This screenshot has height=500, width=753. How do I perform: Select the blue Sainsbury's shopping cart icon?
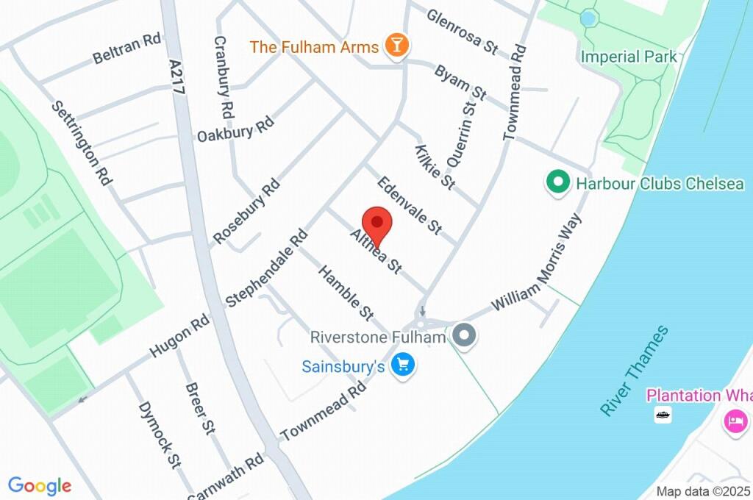click(x=402, y=364)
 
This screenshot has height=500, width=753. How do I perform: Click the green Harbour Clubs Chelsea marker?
click(x=557, y=182)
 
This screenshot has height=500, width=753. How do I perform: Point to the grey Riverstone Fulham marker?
click(x=464, y=336)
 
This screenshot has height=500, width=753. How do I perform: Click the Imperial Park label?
click(x=628, y=57)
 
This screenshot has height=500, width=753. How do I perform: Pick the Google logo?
click(x=40, y=485)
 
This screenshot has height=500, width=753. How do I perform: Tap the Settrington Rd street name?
click(x=81, y=142)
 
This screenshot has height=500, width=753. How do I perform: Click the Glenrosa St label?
click(x=462, y=31)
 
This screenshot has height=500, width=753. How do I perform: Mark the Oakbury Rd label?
click(x=235, y=130)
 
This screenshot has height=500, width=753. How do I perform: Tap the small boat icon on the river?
click(x=663, y=415)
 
